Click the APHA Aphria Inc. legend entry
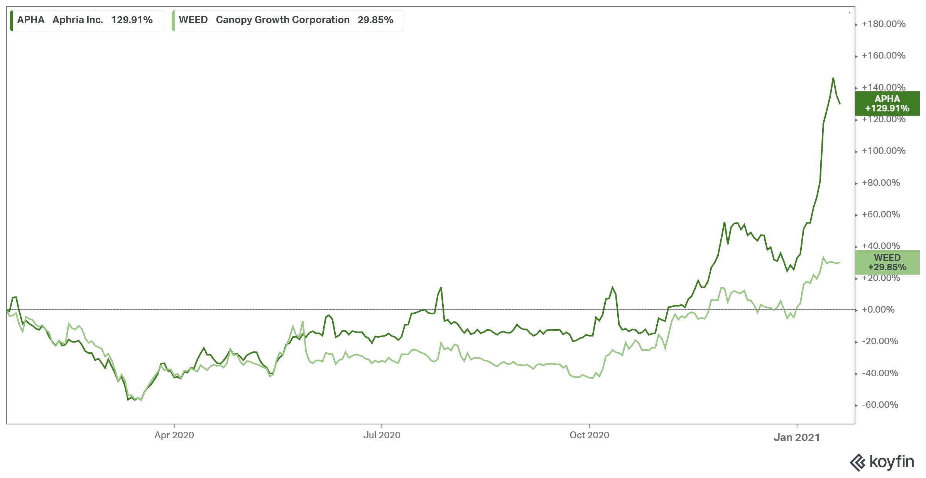click(85, 20)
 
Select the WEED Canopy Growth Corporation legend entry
click(286, 20)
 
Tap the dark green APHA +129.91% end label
click(887, 104)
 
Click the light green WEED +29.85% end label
click(887, 263)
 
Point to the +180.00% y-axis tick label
click(884, 24)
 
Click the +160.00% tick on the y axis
click(884, 56)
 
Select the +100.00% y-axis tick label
click(884, 151)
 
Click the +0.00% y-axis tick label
click(878, 310)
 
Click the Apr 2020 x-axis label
click(174, 435)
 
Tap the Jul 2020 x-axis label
click(382, 435)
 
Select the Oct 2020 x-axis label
click(589, 435)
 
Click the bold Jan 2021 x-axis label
click(796, 438)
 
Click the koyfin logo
click(882, 462)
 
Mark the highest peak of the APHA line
click(833, 78)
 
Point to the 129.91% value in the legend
click(132, 20)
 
